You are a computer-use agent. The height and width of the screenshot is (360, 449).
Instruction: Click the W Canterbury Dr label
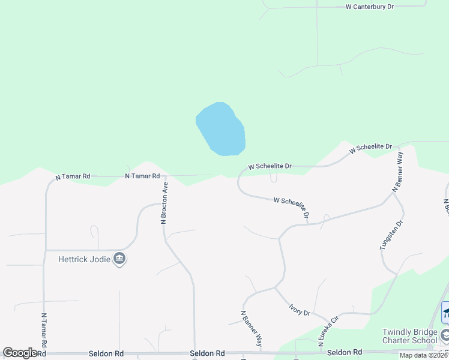click(370, 7)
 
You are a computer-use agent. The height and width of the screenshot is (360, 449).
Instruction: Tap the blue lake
click(221, 130)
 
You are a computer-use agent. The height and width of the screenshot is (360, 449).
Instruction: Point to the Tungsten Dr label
click(385, 235)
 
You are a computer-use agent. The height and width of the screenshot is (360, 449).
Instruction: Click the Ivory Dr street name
click(298, 309)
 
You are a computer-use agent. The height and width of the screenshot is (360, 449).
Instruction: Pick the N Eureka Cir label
click(329, 332)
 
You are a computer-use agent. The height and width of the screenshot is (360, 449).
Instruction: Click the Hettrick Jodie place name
click(85, 259)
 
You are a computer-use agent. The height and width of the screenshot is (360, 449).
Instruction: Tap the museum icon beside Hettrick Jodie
click(119, 259)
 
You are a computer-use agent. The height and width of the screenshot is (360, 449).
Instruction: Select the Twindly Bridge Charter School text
click(409, 336)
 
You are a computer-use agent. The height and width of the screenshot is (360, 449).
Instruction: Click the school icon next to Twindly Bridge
click(445, 334)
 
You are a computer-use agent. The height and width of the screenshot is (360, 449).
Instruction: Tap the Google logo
click(20, 353)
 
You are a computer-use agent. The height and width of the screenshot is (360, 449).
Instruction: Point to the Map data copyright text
click(424, 355)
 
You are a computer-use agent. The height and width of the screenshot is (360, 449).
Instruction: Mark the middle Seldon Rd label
click(207, 353)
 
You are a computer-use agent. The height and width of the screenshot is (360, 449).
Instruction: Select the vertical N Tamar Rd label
click(44, 330)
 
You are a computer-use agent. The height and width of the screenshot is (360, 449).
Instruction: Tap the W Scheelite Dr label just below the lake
click(270, 166)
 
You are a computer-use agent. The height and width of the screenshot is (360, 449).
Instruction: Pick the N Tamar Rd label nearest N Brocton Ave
click(142, 176)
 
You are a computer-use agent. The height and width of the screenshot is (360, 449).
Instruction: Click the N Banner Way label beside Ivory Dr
click(252, 329)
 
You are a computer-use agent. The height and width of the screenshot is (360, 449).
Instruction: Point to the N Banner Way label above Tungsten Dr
click(397, 172)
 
